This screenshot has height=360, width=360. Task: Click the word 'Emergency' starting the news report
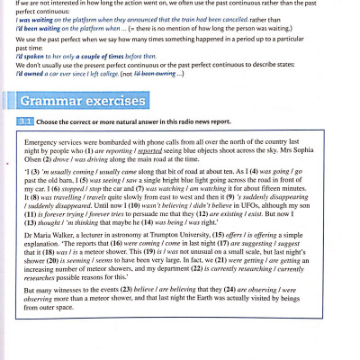(41, 143)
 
